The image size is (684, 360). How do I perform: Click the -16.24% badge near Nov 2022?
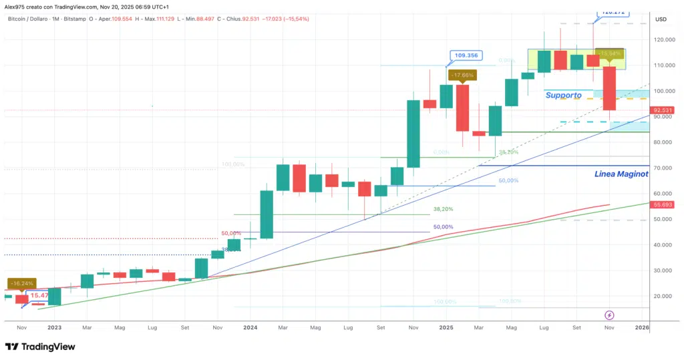(21, 283)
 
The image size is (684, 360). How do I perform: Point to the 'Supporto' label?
(563, 96)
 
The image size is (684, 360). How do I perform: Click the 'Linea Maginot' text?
(621, 174)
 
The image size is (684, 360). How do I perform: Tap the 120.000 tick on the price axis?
(662, 40)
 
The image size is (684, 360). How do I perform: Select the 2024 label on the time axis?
(250, 328)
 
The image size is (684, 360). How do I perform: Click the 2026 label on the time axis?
(642, 328)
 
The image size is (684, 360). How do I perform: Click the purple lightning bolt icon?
(609, 315)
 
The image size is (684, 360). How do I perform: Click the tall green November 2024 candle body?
(413, 134)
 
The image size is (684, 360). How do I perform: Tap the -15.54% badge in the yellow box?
(611, 53)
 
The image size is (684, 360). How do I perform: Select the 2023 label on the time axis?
(55, 328)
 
